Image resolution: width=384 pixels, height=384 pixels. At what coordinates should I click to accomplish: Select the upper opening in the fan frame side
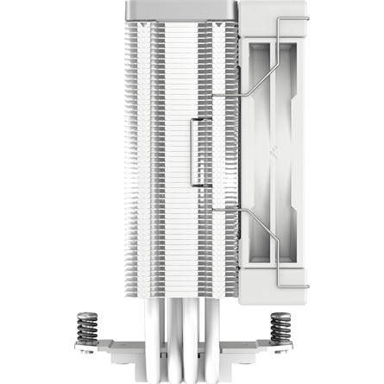click(x=274, y=95)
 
